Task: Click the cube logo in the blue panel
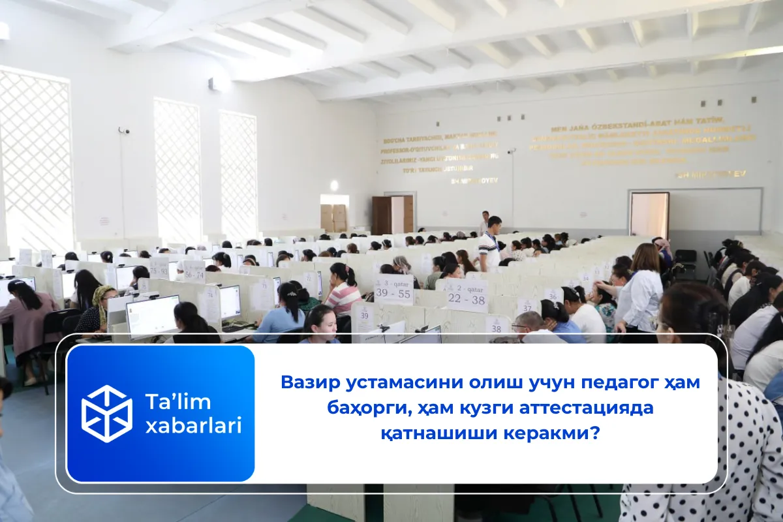click(x=106, y=413)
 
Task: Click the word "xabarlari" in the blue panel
click(x=193, y=425)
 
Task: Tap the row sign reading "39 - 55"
click(x=394, y=290)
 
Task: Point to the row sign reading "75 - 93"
click(x=159, y=267)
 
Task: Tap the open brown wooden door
click(x=382, y=215)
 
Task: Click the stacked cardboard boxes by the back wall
click(x=333, y=217)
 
